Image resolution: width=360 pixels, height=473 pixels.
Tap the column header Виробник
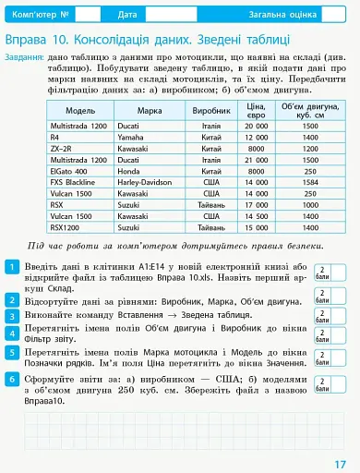coord(210,110)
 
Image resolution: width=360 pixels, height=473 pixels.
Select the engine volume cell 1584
coord(309,183)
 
